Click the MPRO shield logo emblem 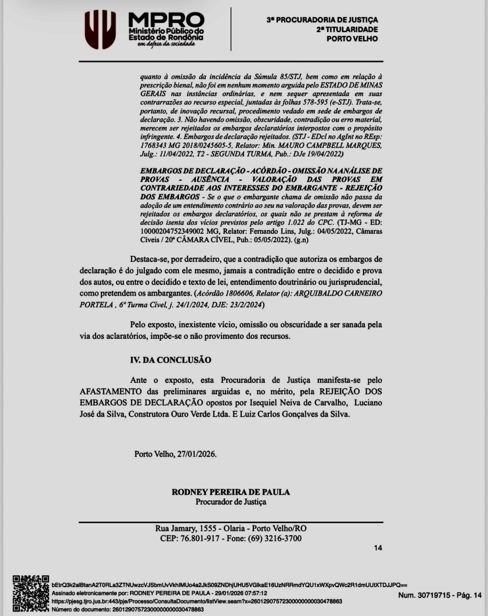click(100, 30)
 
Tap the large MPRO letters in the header click(166, 20)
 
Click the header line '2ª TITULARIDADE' click(347, 29)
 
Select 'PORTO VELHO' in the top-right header click(352, 39)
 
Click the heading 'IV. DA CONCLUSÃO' click(170, 360)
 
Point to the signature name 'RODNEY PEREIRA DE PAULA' click(231, 492)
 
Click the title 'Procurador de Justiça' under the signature click(231, 502)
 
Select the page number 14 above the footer click(378, 548)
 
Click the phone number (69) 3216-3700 click(274, 538)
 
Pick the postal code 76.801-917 click(198, 538)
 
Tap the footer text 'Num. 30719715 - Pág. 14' click(439, 595)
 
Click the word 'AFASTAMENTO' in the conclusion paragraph click(111, 391)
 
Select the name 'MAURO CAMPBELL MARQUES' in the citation click(337, 145)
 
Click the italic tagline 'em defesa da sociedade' click(166, 44)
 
